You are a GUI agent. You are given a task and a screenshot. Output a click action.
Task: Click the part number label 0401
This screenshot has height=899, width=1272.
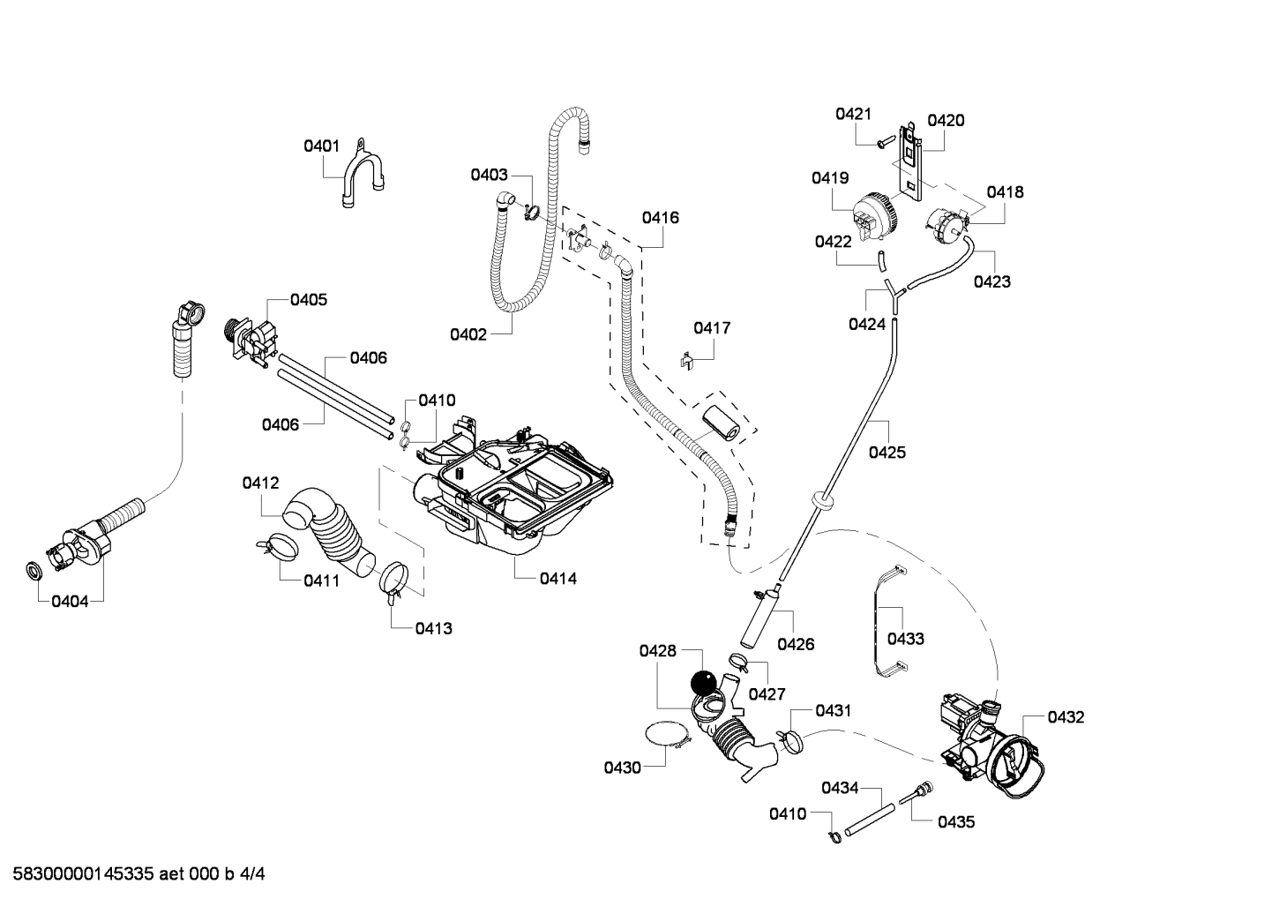pyautogui.click(x=321, y=146)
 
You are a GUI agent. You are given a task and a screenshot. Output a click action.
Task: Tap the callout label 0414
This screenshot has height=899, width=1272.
pyautogui.click(x=558, y=579)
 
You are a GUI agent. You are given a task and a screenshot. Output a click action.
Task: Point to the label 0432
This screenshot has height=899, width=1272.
pyautogui.click(x=1066, y=717)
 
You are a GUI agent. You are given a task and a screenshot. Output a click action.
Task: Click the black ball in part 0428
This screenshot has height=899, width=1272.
pyautogui.click(x=703, y=683)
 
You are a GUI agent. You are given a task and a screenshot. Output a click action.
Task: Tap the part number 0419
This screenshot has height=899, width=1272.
pyautogui.click(x=830, y=178)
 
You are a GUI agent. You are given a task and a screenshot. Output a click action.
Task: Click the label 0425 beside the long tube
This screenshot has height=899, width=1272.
pyautogui.click(x=887, y=453)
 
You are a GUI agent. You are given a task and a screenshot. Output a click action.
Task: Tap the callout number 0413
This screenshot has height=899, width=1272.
pyautogui.click(x=433, y=628)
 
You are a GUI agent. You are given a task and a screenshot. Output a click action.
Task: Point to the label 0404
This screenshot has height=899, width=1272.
pyautogui.click(x=69, y=602)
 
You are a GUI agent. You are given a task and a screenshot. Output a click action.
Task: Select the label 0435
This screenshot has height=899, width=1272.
pyautogui.click(x=956, y=821)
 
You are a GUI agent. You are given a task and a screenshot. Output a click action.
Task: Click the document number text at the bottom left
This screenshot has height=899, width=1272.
pyautogui.click(x=133, y=874)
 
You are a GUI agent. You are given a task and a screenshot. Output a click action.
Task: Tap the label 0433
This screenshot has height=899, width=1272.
pyautogui.click(x=905, y=639)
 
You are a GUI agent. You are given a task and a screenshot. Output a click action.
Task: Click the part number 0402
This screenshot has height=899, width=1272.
pyautogui.click(x=468, y=334)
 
